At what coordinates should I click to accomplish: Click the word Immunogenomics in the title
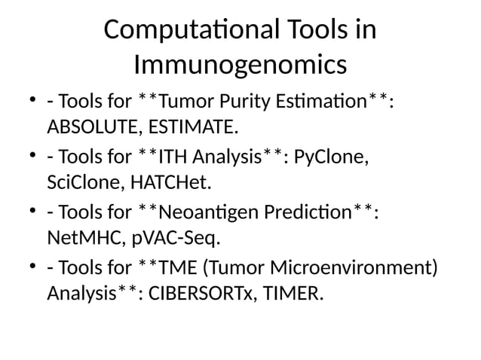coord(240,66)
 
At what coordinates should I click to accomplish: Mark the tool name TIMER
coord(293,294)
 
